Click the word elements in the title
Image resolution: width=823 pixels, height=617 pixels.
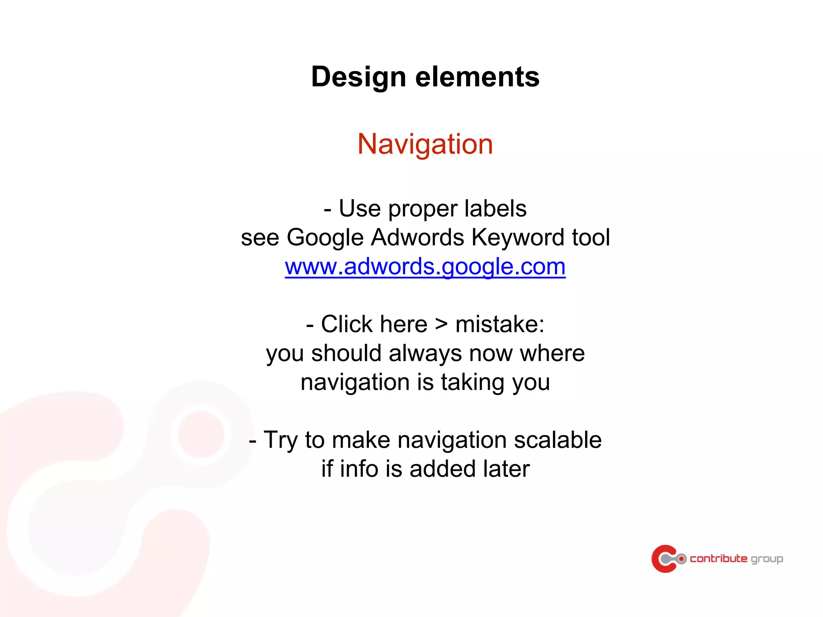click(x=477, y=77)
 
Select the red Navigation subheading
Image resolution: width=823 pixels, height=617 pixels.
click(x=425, y=144)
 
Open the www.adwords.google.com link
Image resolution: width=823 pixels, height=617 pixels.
click(x=425, y=266)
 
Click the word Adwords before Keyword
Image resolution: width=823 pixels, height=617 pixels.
click(x=418, y=237)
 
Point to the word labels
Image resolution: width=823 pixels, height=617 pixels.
click(x=495, y=208)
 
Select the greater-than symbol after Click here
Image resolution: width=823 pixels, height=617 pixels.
click(x=441, y=324)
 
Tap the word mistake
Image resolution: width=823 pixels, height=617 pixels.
click(x=500, y=324)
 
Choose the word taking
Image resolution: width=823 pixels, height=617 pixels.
click(x=473, y=382)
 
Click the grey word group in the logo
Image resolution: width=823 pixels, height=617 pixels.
click(x=767, y=559)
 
